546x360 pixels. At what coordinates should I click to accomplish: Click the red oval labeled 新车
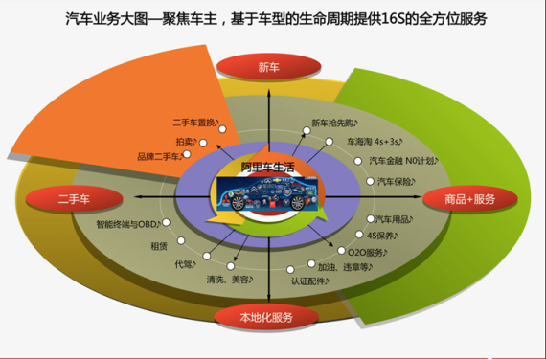click(x=269, y=67)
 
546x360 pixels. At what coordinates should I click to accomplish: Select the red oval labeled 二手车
click(x=74, y=198)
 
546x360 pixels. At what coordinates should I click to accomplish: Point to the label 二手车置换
click(x=196, y=123)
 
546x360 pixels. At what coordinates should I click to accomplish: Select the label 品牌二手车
click(x=158, y=156)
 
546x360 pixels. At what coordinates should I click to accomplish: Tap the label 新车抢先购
click(x=337, y=124)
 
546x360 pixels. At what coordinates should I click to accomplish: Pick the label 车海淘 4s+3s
click(x=377, y=141)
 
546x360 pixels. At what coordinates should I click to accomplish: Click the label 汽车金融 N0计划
click(x=403, y=160)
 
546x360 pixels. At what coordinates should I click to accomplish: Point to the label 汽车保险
click(x=398, y=180)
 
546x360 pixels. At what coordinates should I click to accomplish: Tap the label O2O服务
click(x=365, y=252)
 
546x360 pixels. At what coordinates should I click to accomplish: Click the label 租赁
click(x=159, y=244)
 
